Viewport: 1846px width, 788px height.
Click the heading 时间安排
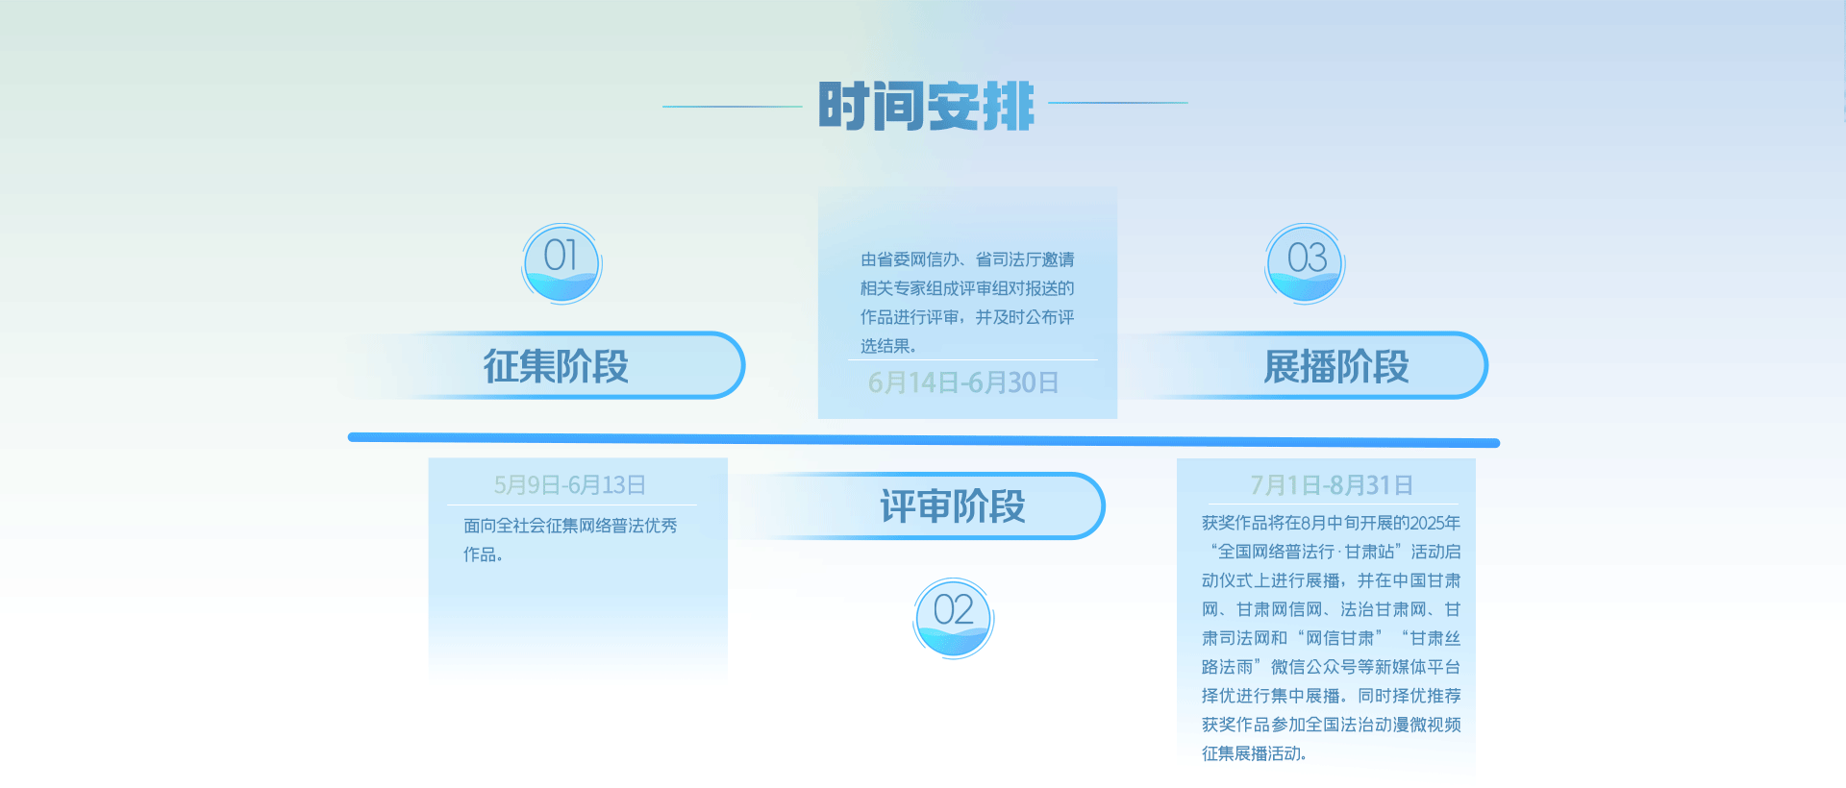[926, 106]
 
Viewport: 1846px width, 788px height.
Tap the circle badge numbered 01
[561, 263]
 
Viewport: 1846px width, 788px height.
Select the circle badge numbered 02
[953, 618]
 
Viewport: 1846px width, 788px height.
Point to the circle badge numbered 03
[1305, 263]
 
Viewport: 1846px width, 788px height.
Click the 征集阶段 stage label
[556, 366]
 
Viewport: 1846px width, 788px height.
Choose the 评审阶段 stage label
[953, 506]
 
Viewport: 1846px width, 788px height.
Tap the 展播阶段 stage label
[1336, 366]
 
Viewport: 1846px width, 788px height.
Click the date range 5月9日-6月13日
[569, 485]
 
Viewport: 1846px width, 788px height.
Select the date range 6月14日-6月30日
[963, 382]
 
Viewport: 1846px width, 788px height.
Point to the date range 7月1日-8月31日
[1332, 485]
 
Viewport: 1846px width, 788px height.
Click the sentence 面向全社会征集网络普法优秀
[570, 526]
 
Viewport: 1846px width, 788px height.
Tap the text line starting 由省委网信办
[967, 259]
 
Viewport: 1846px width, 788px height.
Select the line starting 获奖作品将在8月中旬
[1331, 523]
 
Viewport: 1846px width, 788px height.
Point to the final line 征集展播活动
[1251, 753]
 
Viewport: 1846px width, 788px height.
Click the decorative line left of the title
[733, 106]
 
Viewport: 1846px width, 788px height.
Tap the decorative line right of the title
[1118, 102]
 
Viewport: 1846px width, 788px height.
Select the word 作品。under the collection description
[483, 554]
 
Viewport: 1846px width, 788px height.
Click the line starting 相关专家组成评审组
[967, 288]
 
